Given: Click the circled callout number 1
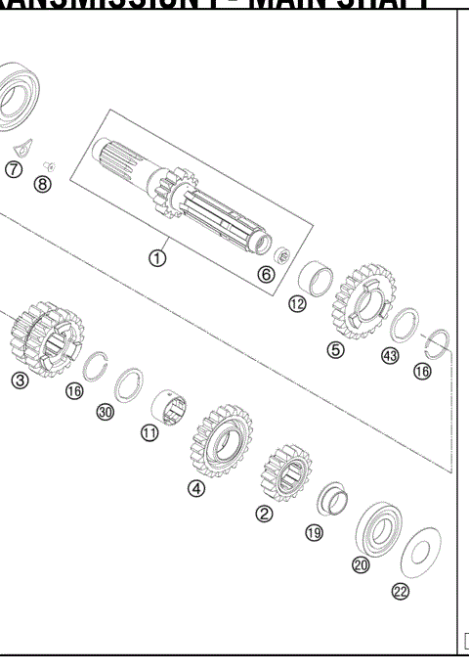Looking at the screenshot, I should coord(156,258).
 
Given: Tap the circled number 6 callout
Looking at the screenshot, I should coord(266,275).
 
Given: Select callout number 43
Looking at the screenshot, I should coord(390,356).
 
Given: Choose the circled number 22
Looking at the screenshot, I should coord(401,591).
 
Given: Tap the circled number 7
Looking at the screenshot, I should coord(13,170).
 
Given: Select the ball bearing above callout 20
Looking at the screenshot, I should coord(375,530).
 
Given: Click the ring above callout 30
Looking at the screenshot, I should coord(129,383).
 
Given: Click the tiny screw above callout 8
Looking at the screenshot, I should coord(49,164).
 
